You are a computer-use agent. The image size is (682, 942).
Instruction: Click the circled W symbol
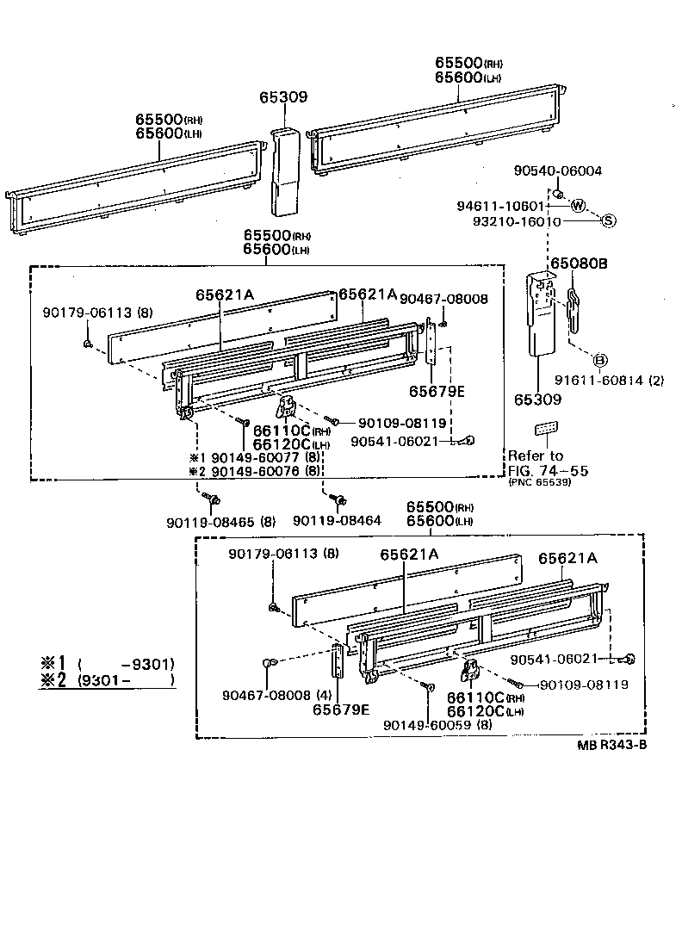coord(577,206)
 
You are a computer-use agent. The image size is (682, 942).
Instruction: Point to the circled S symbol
coord(608,220)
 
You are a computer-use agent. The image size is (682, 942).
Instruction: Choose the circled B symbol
coord(600,359)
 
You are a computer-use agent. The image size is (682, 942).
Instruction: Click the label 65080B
coord(579,263)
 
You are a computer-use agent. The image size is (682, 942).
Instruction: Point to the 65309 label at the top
coord(283,98)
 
